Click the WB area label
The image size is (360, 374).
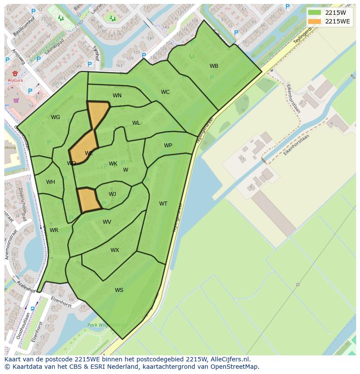pyautogui.click(x=214, y=66)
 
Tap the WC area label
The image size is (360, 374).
pyautogui.click(x=165, y=92)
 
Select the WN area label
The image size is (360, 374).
pyautogui.click(x=117, y=96)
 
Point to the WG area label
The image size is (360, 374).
pyautogui.click(x=55, y=117)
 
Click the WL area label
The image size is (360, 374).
pyautogui.click(x=136, y=123)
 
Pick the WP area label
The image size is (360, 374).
pyautogui.click(x=168, y=146)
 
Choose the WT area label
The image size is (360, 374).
pyautogui.click(x=163, y=204)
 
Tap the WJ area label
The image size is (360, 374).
pyautogui.click(x=112, y=194)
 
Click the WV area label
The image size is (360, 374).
pyautogui.click(x=107, y=222)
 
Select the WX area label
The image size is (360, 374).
pyautogui.click(x=114, y=250)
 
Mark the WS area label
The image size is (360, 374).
pyautogui.click(x=119, y=290)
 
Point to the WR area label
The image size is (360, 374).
pyautogui.click(x=54, y=230)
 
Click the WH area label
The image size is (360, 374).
pyautogui.click(x=50, y=182)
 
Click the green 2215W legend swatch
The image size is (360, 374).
pyautogui.click(x=314, y=13)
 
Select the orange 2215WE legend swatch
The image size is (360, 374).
pyautogui.click(x=314, y=21)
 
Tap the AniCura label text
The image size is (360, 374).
pyautogui.click(x=15, y=80)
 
